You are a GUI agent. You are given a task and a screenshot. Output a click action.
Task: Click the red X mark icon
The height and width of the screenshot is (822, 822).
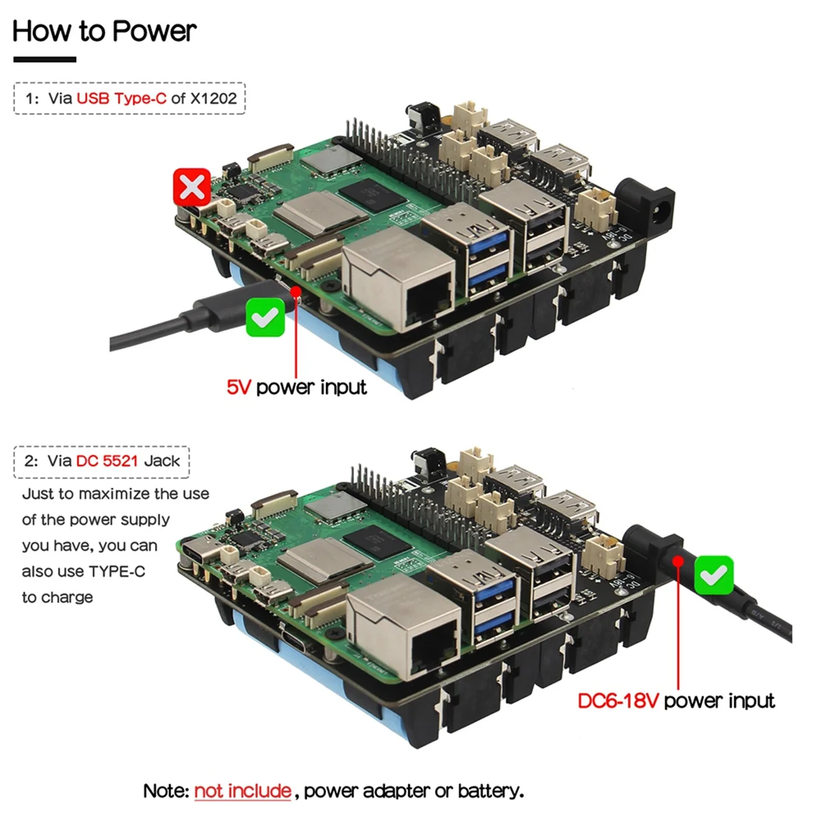tap(192, 186)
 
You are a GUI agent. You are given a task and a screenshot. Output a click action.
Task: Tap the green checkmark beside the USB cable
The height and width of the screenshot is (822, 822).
tap(265, 317)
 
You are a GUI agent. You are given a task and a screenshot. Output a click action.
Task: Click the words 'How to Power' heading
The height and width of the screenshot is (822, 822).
tap(104, 32)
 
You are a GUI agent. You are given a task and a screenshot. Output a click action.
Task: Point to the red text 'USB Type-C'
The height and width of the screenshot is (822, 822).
tap(121, 98)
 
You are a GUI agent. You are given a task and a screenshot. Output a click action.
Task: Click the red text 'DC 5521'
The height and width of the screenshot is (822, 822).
tap(107, 461)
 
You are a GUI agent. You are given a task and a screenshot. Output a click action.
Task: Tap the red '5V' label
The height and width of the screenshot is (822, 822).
tap(239, 388)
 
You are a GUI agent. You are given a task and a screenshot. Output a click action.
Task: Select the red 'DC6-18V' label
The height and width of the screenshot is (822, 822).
tap(618, 701)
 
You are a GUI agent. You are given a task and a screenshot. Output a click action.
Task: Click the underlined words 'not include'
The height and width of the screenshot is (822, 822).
tap(242, 791)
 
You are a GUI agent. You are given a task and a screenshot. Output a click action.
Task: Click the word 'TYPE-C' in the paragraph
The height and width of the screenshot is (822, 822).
tap(116, 571)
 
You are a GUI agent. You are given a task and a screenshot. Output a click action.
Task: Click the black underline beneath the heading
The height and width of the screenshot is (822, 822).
tap(45, 60)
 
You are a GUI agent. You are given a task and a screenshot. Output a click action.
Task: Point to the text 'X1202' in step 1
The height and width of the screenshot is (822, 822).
tap(213, 98)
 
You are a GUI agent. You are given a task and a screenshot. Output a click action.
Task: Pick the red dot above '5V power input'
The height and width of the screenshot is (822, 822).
tap(296, 292)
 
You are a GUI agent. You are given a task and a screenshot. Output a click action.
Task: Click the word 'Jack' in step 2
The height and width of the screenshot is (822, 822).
tap(162, 461)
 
